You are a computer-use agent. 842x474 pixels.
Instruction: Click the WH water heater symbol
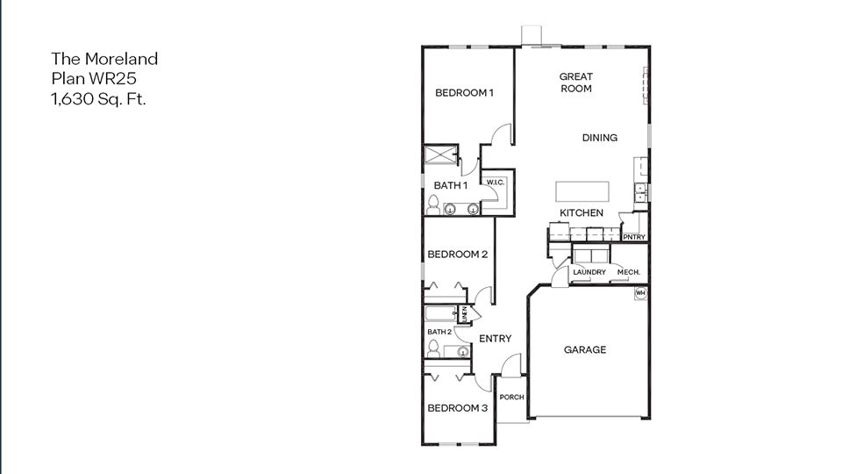(640, 292)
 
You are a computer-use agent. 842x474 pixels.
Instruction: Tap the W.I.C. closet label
(494, 183)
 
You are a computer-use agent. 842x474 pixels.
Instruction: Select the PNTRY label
(633, 237)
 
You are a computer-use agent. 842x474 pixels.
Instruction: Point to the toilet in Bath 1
(432, 206)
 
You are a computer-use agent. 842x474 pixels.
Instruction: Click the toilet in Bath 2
(432, 349)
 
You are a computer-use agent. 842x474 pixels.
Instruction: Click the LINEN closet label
(465, 313)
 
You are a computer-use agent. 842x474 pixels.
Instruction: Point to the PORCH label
(511, 398)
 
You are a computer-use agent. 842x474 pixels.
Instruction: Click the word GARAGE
(584, 349)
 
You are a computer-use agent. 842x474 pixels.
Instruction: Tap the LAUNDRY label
(589, 272)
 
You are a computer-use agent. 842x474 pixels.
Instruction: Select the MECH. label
(629, 272)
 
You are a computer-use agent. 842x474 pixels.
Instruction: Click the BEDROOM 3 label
(457, 408)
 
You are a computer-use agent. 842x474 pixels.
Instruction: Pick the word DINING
(600, 138)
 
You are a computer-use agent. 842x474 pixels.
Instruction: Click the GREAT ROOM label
(575, 83)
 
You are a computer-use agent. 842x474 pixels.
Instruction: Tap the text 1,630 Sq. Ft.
(98, 99)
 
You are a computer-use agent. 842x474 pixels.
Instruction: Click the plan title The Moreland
(104, 59)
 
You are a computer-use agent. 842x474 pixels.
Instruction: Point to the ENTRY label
(495, 339)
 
